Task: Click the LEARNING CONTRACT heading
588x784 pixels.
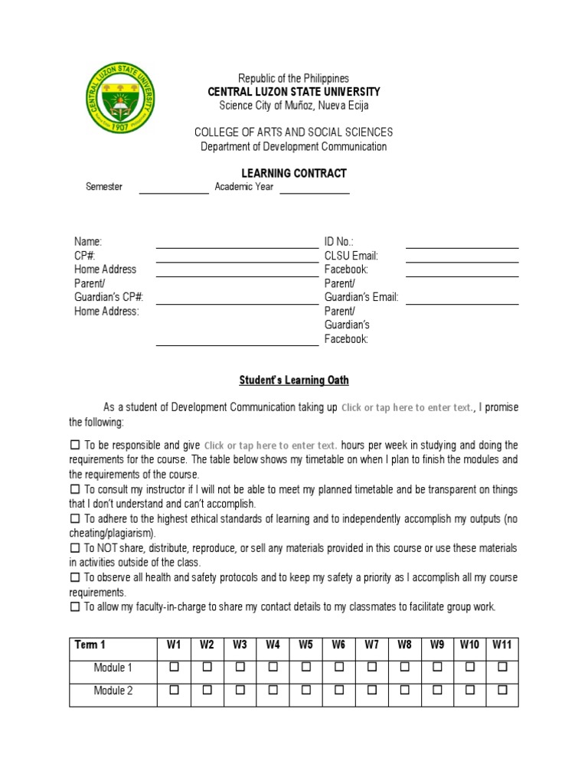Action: tap(293, 173)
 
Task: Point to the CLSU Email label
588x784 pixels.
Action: tap(351, 256)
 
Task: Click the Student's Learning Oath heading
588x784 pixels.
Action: tap(293, 380)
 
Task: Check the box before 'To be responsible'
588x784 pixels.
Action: tap(75, 445)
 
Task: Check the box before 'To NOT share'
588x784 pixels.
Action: tap(75, 548)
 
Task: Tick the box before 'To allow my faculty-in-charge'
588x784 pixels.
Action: tap(75, 606)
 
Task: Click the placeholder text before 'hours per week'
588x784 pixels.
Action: tap(271, 445)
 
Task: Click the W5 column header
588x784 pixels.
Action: tap(306, 645)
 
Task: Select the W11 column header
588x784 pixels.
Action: tap(501, 645)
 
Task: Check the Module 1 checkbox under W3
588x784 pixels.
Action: tap(240, 668)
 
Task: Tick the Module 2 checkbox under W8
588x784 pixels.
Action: tap(404, 691)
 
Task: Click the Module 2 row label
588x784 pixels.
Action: tap(113, 691)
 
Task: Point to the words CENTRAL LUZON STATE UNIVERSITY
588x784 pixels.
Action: tap(293, 92)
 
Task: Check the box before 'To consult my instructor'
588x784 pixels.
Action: tap(75, 489)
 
